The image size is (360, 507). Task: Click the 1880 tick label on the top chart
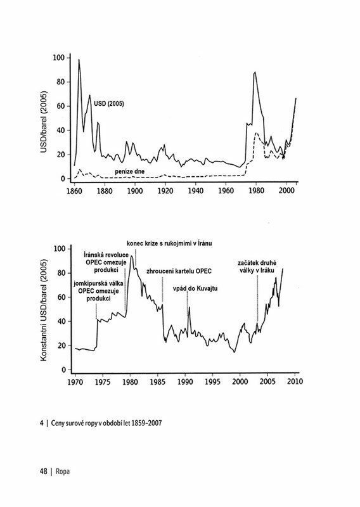tap(105, 191)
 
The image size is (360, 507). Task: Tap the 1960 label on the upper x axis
tap(226, 191)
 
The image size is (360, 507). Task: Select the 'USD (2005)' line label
tap(108, 104)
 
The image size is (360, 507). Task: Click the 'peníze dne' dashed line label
tap(130, 171)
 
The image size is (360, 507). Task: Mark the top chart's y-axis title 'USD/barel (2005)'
tap(44, 122)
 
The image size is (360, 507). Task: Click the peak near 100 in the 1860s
tap(79, 60)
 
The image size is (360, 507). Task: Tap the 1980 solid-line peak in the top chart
tap(255, 72)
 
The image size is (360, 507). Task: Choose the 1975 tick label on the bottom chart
tap(103, 382)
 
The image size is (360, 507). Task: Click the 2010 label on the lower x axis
tap(295, 382)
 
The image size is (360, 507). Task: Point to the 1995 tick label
tap(212, 382)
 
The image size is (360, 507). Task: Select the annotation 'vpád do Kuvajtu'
tap(195, 288)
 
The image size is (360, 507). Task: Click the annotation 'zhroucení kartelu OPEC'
tap(179, 271)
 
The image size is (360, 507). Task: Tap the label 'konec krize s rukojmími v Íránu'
tap(169, 243)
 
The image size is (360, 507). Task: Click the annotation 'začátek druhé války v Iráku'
tap(257, 266)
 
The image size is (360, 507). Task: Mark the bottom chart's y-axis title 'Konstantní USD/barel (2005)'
tap(44, 310)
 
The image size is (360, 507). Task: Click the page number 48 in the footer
tap(44, 472)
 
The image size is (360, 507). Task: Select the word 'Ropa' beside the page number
tap(63, 472)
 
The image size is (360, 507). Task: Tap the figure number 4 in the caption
tap(42, 423)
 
